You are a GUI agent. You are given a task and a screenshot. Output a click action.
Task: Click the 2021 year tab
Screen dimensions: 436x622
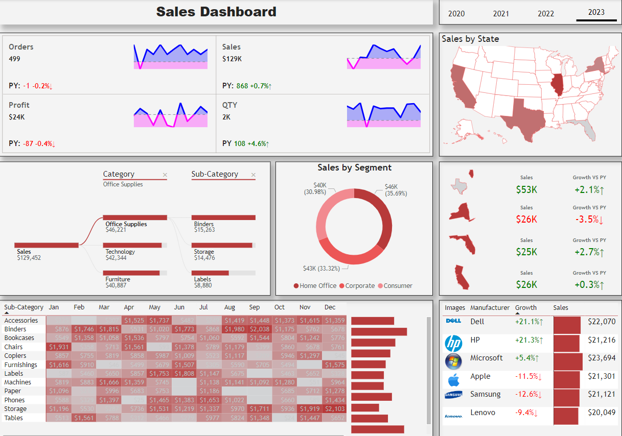[x=501, y=14]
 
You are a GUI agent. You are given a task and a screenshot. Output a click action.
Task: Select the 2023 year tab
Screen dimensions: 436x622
[x=596, y=12]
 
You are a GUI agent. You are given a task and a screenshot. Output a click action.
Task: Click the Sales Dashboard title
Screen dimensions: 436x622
[x=216, y=12]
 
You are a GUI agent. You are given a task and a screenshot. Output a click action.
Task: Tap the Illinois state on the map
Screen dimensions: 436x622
[x=558, y=84]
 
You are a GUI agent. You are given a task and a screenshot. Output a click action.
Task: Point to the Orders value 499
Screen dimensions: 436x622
[x=15, y=59]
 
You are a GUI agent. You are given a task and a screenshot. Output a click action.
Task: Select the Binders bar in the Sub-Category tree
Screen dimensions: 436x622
[x=223, y=217]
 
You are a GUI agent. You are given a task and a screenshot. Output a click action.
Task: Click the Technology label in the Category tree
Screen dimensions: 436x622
[x=120, y=252]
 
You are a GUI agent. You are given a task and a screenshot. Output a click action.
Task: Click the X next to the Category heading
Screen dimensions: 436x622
[x=165, y=175]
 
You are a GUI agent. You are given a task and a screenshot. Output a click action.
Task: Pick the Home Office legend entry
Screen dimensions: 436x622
[x=315, y=286]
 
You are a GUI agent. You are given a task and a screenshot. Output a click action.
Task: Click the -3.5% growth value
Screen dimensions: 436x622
[x=589, y=220]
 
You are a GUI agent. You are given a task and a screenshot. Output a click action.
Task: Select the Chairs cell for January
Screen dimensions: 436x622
[x=58, y=347]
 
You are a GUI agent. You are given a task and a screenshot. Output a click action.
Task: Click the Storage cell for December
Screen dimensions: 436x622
[x=335, y=409]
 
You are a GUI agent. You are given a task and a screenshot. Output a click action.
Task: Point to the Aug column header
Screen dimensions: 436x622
[x=229, y=307]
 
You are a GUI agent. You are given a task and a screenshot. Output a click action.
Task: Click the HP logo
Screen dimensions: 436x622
[x=453, y=343]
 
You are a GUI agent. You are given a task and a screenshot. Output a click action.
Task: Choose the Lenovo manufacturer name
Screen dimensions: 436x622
[x=482, y=413]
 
